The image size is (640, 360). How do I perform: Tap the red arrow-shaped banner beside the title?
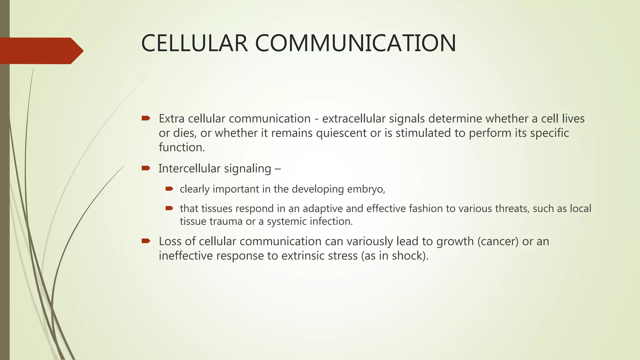(x=41, y=51)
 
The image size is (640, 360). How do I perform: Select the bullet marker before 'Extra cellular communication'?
(x=146, y=118)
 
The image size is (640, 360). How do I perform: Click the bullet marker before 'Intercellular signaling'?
(x=146, y=168)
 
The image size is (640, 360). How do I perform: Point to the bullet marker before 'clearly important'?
(x=169, y=188)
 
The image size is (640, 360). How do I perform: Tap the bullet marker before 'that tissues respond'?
(x=169, y=208)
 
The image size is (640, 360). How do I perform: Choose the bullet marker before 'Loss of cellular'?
(x=146, y=241)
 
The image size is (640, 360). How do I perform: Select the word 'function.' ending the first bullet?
(x=182, y=147)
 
